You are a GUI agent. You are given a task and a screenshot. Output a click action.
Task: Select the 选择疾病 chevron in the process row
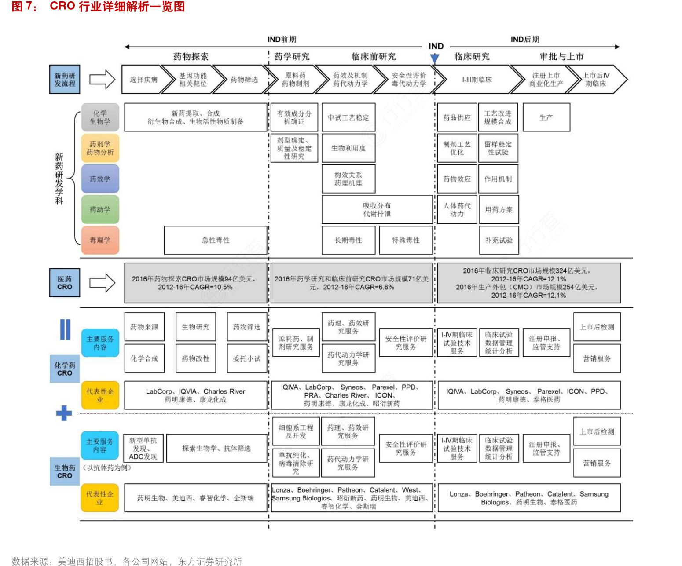point(143,80)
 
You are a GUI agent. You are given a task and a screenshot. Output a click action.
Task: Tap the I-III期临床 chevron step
point(477,80)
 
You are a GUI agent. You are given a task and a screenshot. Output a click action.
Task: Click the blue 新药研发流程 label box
point(65,80)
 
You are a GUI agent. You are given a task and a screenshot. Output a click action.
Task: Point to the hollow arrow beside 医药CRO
point(102,283)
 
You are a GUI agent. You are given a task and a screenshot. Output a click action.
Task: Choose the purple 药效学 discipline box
point(100,179)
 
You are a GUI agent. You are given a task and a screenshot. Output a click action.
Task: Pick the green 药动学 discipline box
point(100,210)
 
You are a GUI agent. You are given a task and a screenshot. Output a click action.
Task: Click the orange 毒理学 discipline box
point(100,241)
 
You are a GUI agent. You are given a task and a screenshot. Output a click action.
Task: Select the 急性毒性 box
point(216,241)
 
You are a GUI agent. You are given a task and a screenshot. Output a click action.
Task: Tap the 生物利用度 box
point(348,149)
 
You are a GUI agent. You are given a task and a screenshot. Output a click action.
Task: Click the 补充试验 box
point(499,241)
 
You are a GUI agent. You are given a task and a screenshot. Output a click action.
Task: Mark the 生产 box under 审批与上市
point(546,117)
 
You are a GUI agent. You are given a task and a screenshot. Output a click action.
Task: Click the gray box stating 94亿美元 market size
point(195,283)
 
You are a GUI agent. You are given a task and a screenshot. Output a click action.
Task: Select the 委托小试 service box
point(247,358)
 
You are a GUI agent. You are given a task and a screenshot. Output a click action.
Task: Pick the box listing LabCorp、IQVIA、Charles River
point(195,395)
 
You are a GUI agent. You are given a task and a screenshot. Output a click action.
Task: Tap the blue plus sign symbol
point(64,413)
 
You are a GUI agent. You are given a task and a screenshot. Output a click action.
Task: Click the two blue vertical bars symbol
point(65,329)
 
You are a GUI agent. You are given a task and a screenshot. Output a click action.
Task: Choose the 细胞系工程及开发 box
point(296,431)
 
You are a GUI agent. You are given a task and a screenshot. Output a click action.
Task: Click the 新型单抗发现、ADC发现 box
point(143,449)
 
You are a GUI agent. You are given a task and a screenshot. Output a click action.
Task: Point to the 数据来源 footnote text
point(127,561)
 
